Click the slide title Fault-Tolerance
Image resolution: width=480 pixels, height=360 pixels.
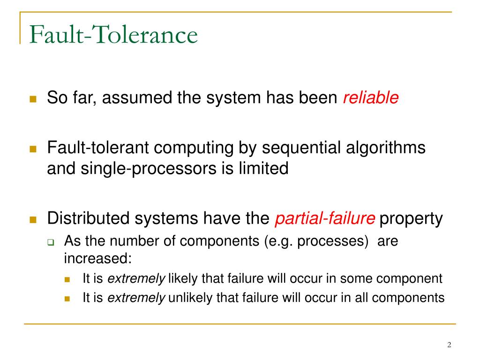click(112, 36)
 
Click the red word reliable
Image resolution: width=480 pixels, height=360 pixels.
click(371, 98)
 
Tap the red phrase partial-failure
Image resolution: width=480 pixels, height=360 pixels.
click(325, 218)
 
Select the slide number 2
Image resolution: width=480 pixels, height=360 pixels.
click(449, 345)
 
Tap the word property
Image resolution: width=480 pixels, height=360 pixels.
click(411, 218)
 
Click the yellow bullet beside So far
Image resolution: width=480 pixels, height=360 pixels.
click(33, 99)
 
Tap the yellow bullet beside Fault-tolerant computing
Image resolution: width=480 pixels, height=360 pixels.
click(33, 149)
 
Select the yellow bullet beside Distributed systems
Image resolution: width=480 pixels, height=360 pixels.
click(33, 219)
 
